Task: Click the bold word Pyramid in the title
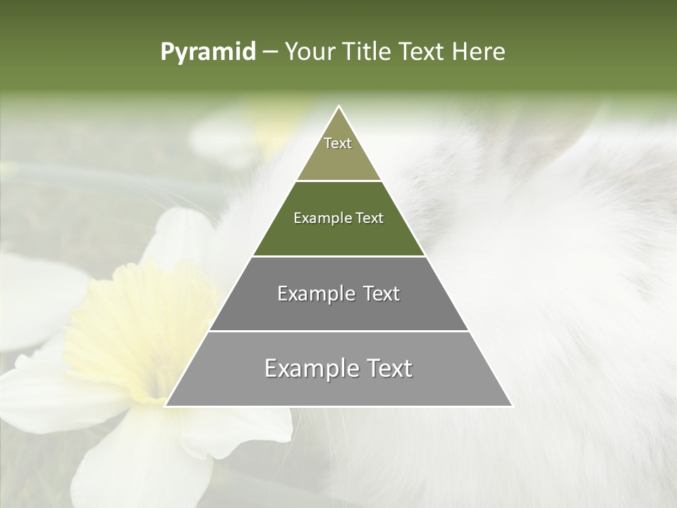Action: pos(208,52)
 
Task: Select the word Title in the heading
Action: pos(370,52)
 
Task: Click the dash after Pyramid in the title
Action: pos(270,52)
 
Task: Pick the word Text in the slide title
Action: pos(423,52)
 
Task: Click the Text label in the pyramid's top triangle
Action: pos(338,143)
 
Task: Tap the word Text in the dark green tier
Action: pos(370,218)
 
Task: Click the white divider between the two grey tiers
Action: pos(338,331)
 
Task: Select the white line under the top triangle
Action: pos(338,181)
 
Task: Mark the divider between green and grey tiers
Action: pos(338,255)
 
